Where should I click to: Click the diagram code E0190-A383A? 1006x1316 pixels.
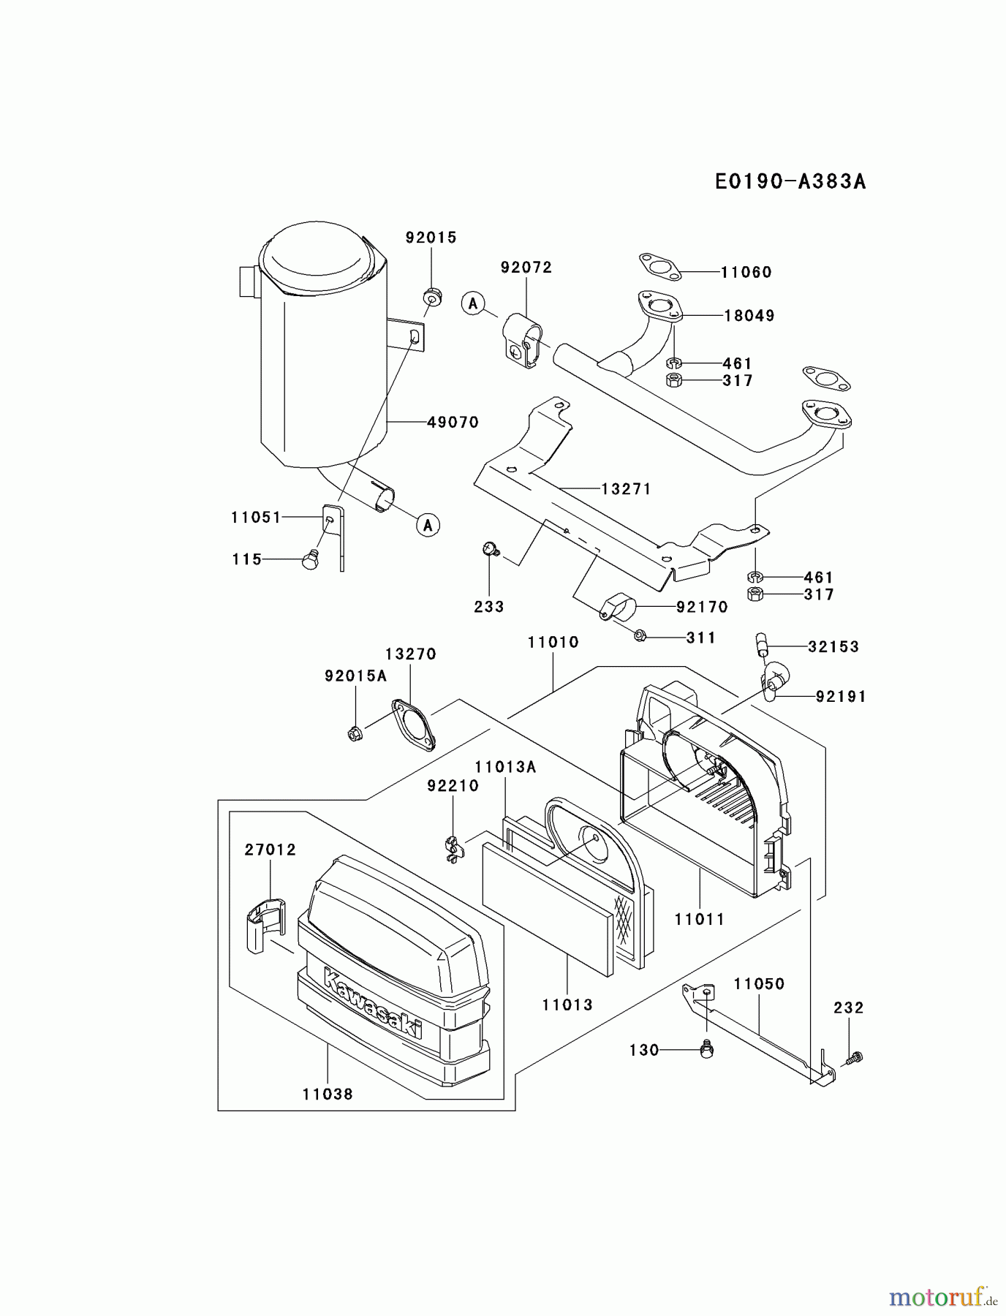pos(790,182)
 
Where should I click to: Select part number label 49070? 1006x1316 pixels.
pos(453,422)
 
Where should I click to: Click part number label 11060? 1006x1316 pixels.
pos(746,272)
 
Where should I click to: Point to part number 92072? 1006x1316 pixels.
pos(526,268)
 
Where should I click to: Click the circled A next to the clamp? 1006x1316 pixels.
pos(473,302)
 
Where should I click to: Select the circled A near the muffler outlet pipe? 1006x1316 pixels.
pos(428,524)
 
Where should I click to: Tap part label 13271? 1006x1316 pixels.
pos(626,488)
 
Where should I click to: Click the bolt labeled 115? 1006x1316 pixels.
pos(311,561)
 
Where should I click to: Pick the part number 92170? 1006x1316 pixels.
pos(702,607)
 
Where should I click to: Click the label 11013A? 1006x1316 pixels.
pos(505,767)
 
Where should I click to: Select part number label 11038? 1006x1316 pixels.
pos(327,1094)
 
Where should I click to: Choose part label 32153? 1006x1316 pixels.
pos(833,646)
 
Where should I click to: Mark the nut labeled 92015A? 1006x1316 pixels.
pos(355,733)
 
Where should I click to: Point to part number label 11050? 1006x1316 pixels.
pos(759,984)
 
